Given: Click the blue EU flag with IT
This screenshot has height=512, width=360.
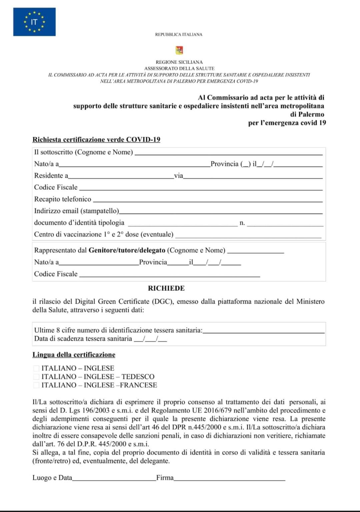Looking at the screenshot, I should [34, 22].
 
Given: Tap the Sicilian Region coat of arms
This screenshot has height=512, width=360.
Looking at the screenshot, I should [179, 50].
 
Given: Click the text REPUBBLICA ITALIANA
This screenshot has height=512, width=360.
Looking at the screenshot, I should [179, 34].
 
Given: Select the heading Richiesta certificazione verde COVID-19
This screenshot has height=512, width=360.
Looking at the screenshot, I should [96, 140].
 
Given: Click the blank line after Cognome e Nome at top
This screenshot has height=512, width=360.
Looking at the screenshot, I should [228, 153].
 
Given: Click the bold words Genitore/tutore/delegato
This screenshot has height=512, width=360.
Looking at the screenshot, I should [127, 250].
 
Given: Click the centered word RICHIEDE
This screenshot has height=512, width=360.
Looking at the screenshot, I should [166, 288].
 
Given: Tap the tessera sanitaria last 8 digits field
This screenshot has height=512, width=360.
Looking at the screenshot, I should [263, 331].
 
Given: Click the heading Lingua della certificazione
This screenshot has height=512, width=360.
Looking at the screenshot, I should [74, 355].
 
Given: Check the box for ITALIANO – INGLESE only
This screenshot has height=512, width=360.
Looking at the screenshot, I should [36, 368].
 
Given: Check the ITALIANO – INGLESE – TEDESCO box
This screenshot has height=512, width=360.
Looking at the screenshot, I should [36, 377].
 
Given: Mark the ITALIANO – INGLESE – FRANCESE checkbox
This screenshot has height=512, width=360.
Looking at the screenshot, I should [36, 385].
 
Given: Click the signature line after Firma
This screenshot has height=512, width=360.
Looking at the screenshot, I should [229, 479].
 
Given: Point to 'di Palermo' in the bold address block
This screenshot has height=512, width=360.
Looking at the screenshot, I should [307, 114].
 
